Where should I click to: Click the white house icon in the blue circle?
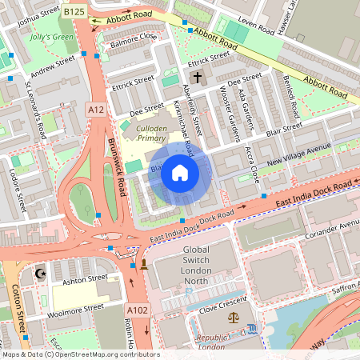pos(180,173)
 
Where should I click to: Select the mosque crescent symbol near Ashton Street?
pos(39,274)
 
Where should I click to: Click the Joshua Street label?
pos(38,13)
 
